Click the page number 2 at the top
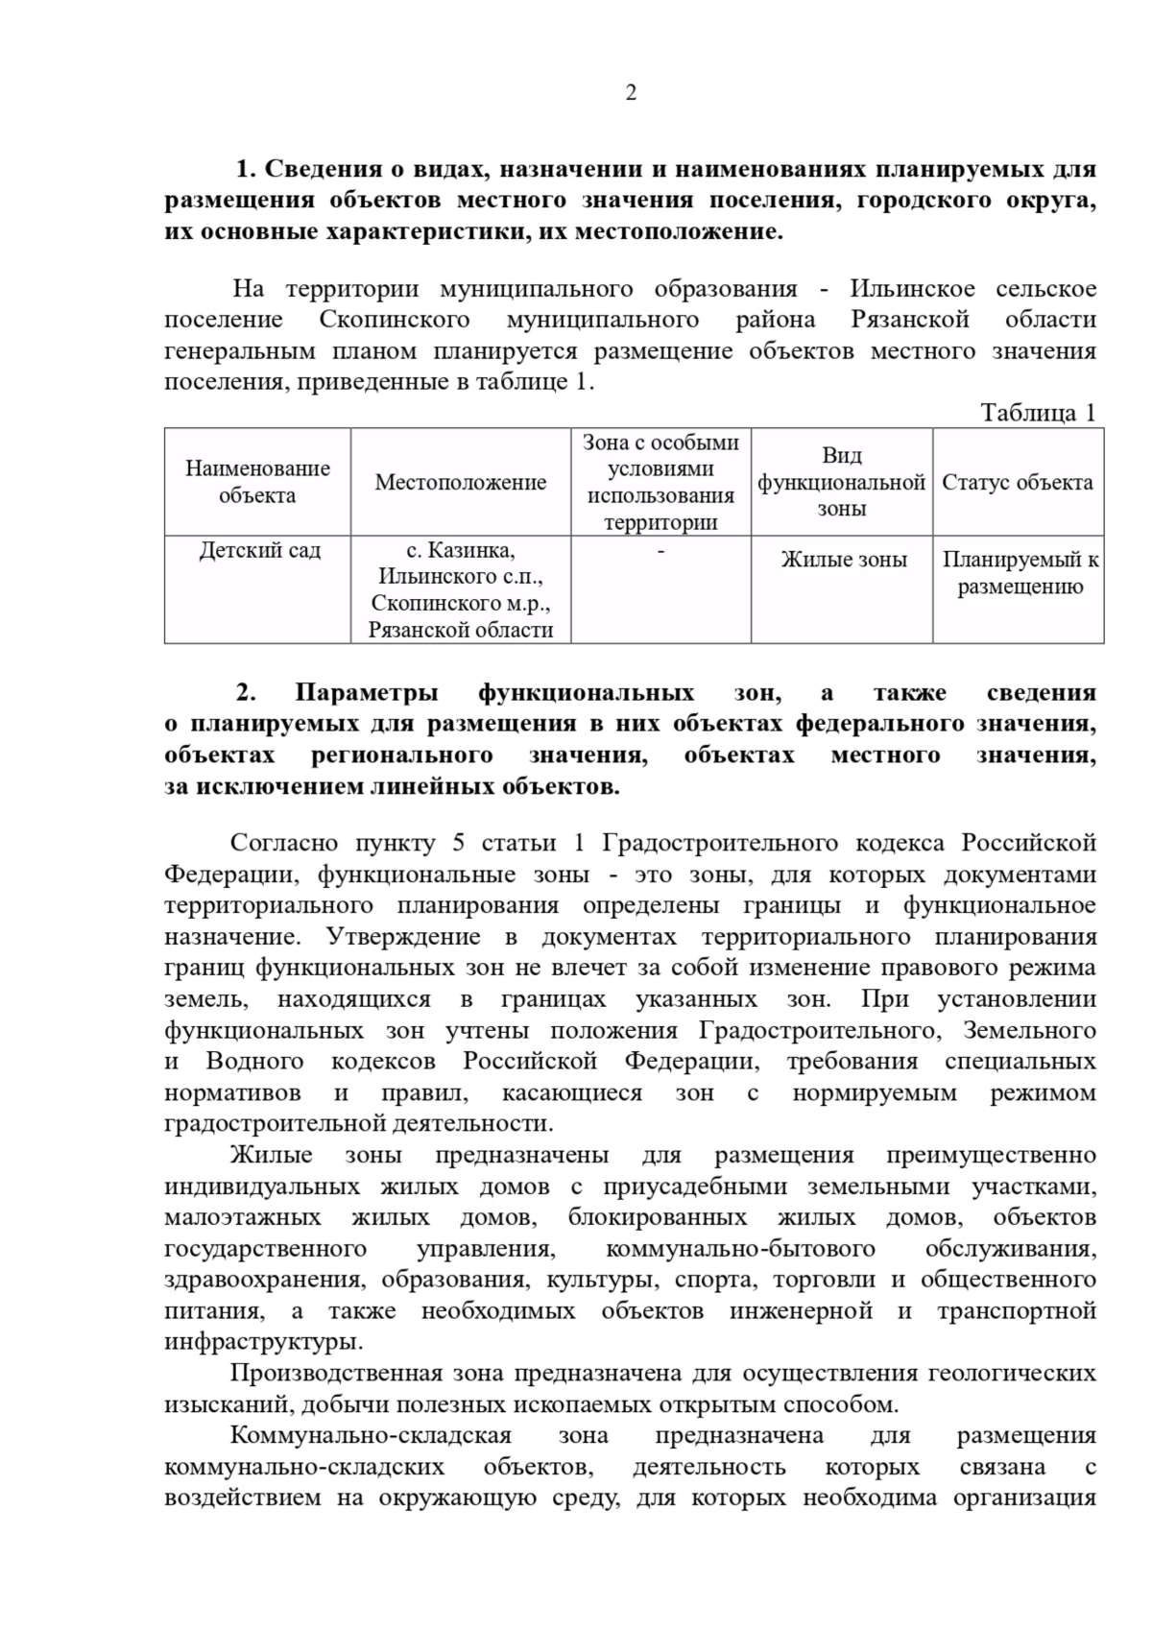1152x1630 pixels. (631, 93)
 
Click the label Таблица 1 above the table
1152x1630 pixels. (1037, 413)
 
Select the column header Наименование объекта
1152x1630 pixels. (257, 482)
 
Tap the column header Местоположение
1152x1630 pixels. (460, 483)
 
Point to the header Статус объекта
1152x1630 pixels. (1017, 482)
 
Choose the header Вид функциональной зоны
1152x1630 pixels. (841, 482)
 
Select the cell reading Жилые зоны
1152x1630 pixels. (843, 560)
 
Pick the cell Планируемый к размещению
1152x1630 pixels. (1020, 573)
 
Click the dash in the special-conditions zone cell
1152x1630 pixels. (660, 551)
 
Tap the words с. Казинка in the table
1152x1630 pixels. (461, 551)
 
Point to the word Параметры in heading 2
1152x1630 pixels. (367, 693)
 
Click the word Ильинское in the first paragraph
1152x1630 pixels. (912, 289)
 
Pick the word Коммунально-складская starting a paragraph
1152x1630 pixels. (371, 1436)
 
